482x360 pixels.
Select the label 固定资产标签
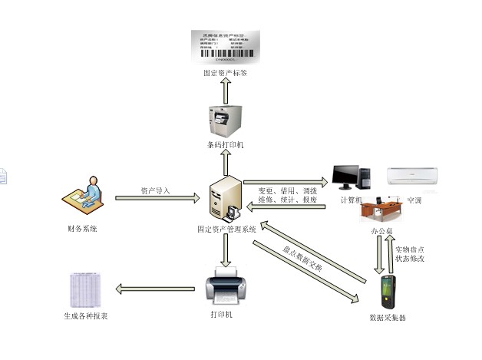tap(225, 74)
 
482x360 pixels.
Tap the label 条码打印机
tap(225, 146)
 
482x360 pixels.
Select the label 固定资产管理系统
tap(226, 229)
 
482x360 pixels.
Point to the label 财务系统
tap(82, 229)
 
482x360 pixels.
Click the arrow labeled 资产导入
tap(157, 199)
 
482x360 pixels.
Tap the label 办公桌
tap(381, 230)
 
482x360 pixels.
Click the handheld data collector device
tap(389, 292)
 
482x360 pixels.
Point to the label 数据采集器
tap(388, 317)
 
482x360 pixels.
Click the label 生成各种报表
tap(85, 315)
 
